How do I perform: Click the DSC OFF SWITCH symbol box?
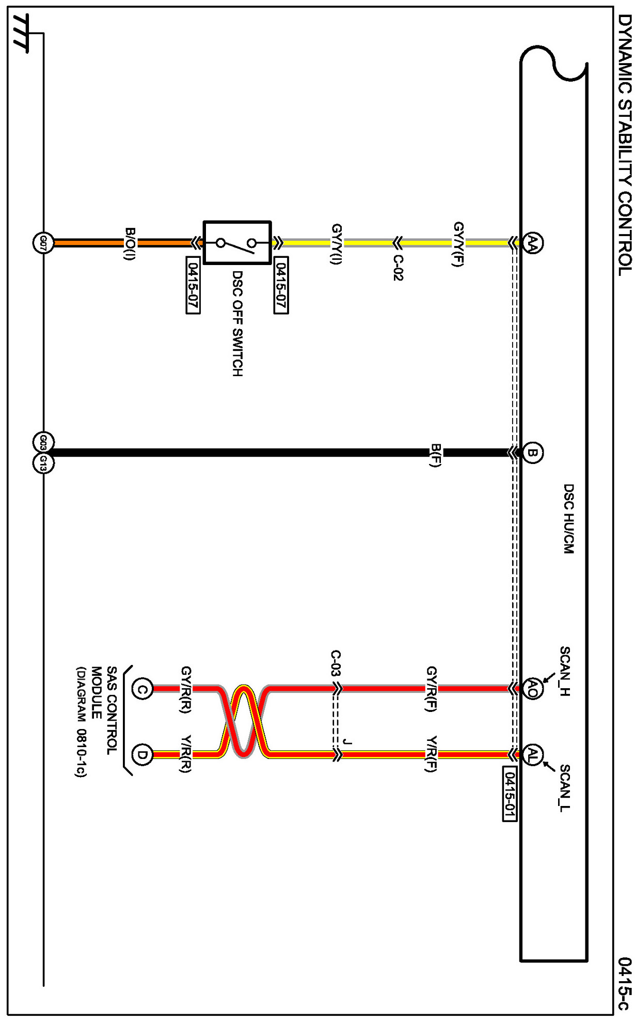tap(237, 242)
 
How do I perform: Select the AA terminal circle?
tap(532, 242)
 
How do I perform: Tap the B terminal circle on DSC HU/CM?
tap(532, 453)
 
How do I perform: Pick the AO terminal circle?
tap(532, 689)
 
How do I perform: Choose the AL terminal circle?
tap(532, 755)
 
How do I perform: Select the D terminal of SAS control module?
tap(142, 755)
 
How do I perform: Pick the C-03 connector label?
tap(336, 664)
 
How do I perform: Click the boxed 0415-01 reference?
tap(509, 794)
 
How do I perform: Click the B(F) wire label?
tap(435, 455)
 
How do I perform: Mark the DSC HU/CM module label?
tap(568, 518)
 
